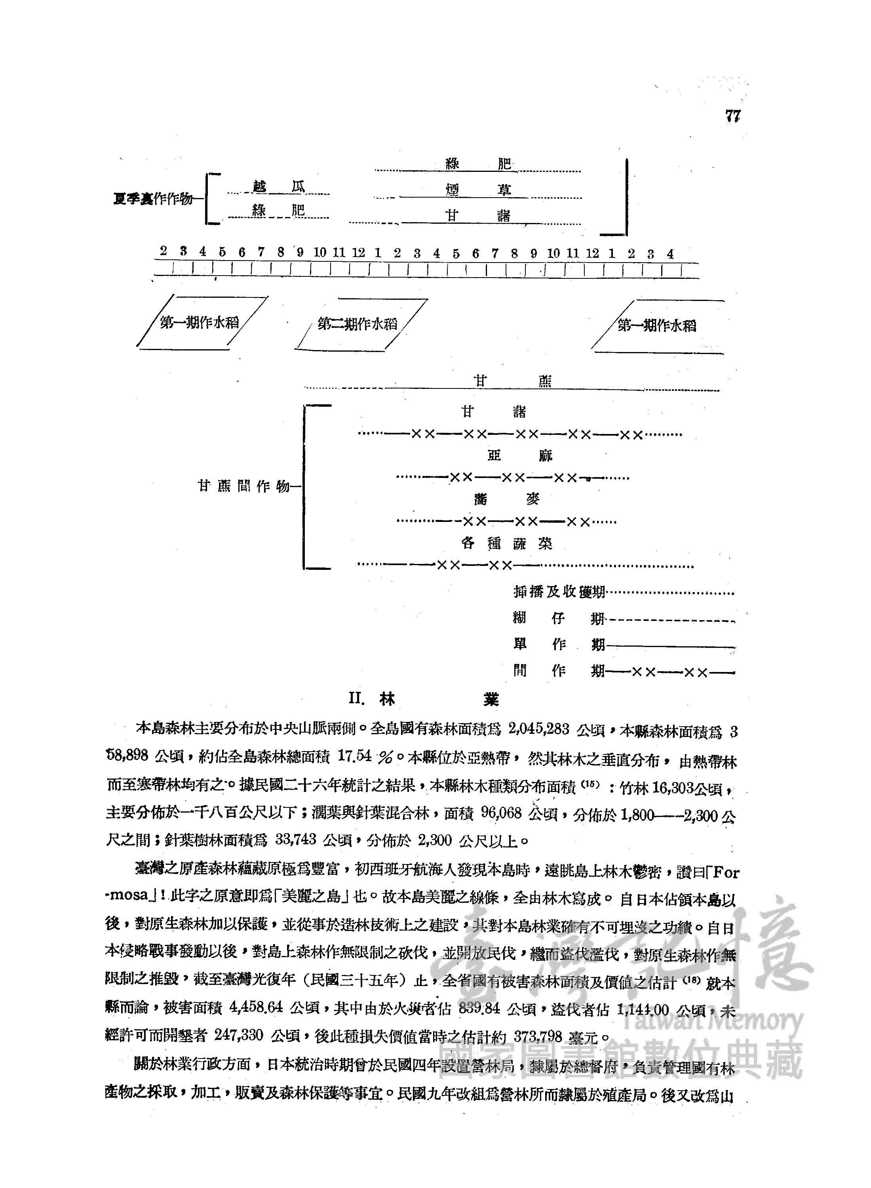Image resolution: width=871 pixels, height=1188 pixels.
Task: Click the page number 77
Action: click(x=732, y=116)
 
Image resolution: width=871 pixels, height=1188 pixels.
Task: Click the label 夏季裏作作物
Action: click(x=152, y=199)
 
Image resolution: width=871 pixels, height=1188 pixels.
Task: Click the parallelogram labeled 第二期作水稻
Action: click(x=357, y=324)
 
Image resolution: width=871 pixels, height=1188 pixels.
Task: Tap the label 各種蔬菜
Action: click(x=506, y=543)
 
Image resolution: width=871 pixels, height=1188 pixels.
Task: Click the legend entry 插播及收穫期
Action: click(x=559, y=592)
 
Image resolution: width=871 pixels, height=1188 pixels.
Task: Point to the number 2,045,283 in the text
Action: click(x=538, y=729)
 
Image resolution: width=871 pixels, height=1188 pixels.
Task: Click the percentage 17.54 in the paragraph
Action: click(x=354, y=756)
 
